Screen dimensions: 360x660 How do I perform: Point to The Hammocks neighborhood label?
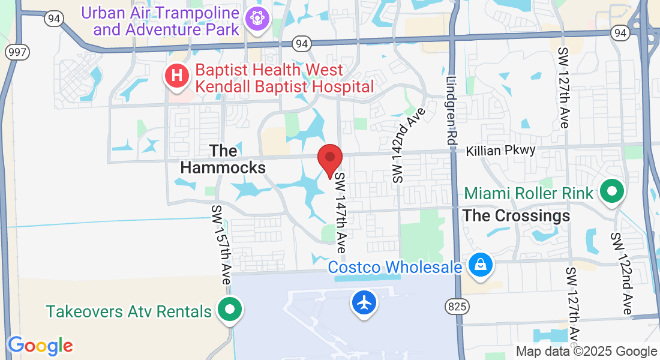tap(223, 159)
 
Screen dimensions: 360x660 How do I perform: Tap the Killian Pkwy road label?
tap(500, 150)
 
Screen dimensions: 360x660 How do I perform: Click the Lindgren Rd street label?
tap(452, 110)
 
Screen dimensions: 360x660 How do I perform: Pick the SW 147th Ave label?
tap(341, 212)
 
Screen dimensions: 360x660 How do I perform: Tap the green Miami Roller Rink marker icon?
tap(612, 193)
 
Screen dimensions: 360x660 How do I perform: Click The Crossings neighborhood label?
tap(517, 215)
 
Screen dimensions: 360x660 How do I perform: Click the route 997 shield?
tap(17, 52)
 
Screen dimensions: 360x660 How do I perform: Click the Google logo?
tap(41, 346)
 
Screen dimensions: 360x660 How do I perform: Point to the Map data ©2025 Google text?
tap(586, 352)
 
